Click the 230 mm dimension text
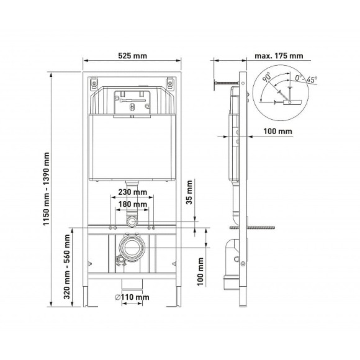click(x=131, y=192)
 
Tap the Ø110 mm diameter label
click(x=132, y=297)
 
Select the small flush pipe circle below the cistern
click(x=132, y=222)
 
